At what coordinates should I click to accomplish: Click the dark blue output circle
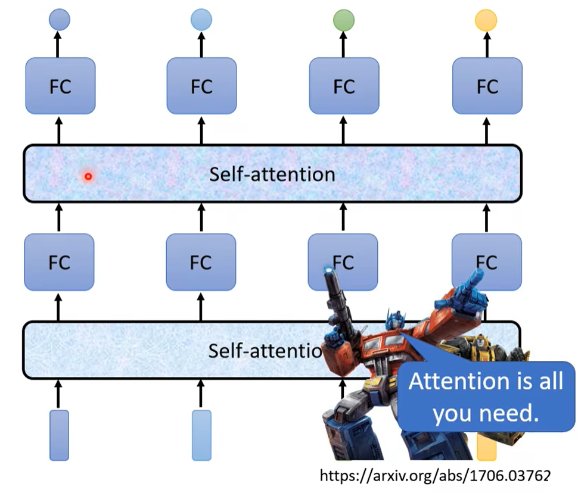tap(59, 20)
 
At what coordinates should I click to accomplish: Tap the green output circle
tap(344, 20)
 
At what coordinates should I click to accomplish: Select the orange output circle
tap(486, 20)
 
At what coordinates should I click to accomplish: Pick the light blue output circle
tap(201, 20)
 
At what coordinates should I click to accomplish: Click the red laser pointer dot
tap(88, 176)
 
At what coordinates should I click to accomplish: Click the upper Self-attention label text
tap(272, 174)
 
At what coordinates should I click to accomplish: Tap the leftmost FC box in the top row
tap(60, 86)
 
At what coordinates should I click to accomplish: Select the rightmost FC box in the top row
tap(487, 86)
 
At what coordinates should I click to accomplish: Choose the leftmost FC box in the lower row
tap(59, 262)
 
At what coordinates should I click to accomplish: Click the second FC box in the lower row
tap(201, 262)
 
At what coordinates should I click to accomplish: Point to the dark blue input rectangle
tap(59, 435)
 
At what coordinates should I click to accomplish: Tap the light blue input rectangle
tap(201, 435)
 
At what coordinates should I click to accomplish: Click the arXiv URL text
tap(434, 475)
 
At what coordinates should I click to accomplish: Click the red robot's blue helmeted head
tap(397, 324)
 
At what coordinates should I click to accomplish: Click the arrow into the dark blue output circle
tap(58, 43)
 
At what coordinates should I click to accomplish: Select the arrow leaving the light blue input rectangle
tap(201, 394)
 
